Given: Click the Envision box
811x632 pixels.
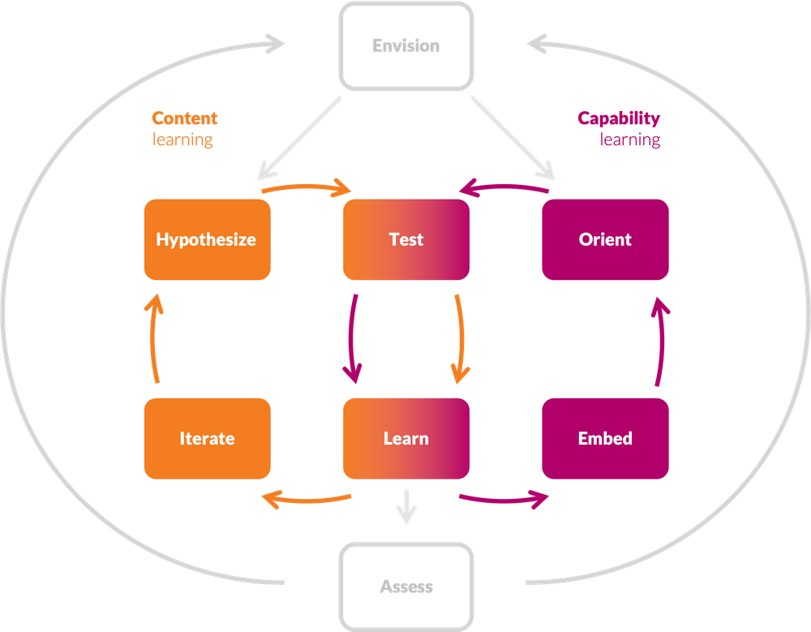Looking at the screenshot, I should tap(406, 45).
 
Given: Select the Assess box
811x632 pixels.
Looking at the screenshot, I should tap(406, 586).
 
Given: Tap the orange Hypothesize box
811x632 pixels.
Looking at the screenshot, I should tap(206, 239).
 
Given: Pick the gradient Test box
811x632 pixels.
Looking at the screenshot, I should tap(406, 239).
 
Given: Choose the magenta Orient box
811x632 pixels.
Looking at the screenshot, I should tap(605, 239).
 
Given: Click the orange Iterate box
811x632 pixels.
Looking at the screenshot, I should tap(206, 438).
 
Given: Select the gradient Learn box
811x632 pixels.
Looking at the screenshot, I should tap(406, 438).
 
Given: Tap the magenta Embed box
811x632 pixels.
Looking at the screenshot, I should tap(605, 438).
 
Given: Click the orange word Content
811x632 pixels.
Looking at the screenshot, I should tap(185, 118).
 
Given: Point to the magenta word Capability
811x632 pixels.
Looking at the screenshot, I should tap(619, 118).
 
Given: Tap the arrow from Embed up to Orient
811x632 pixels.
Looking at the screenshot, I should tap(661, 340).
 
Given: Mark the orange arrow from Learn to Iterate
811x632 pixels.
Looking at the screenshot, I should tap(307, 500).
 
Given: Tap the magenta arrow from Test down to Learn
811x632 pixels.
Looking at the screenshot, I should tap(351, 338).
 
